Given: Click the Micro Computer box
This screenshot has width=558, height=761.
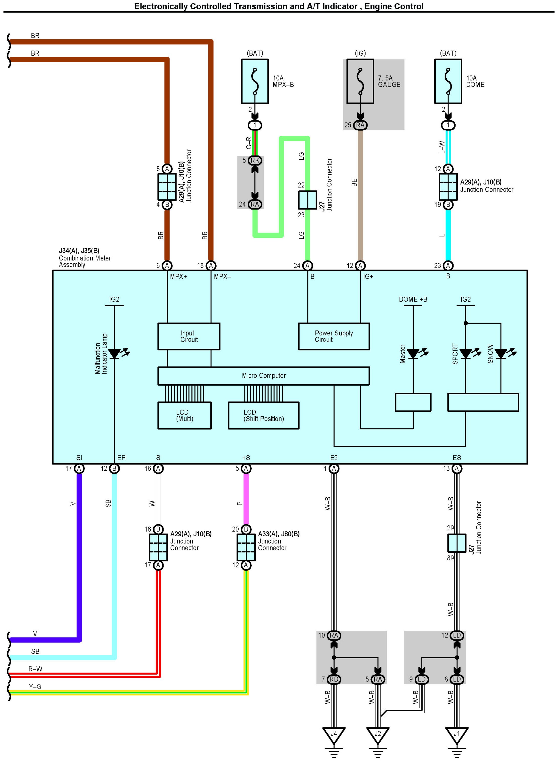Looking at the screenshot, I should click(263, 376).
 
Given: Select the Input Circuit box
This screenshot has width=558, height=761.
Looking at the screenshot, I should click(189, 336).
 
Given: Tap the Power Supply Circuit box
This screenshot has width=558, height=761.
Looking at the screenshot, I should click(334, 336).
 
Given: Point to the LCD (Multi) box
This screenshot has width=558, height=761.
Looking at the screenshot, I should click(185, 416).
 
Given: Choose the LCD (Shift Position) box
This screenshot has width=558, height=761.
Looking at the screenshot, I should click(263, 416).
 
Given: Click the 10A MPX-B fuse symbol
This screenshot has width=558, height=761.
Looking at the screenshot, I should click(255, 81).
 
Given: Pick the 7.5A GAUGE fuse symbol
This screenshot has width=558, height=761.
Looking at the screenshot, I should click(360, 81).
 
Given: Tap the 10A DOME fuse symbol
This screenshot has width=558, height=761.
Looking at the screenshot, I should click(448, 81).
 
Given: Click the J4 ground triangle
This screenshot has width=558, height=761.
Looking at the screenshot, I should click(334, 735).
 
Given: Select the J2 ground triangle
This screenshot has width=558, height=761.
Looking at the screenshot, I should click(378, 735).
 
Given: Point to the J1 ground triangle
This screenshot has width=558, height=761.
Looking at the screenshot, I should click(457, 735).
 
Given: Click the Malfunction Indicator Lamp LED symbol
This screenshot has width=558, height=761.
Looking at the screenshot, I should click(114, 354).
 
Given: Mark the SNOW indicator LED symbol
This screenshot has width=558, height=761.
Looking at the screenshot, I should click(501, 354).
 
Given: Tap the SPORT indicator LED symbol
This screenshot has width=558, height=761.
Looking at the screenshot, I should click(466, 354).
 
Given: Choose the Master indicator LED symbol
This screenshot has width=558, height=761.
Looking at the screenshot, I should click(413, 354).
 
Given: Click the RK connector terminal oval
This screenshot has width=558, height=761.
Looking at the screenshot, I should click(255, 160).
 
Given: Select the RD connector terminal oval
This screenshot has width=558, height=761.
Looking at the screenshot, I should click(334, 679).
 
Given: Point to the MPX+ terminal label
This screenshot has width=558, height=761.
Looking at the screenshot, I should click(178, 276).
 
